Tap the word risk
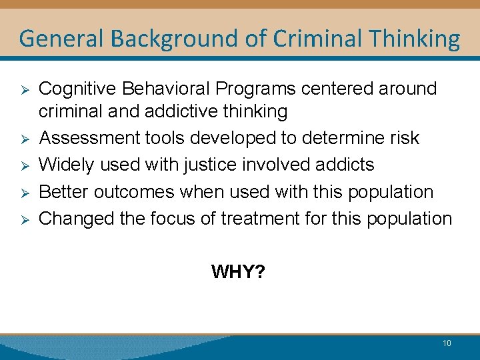405,138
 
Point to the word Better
64,191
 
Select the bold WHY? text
238,271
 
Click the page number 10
446,343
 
